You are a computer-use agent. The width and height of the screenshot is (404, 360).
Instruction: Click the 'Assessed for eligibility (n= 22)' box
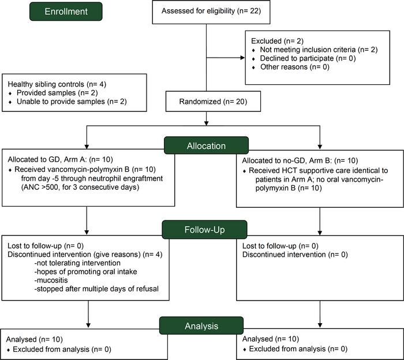click(x=207, y=12)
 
